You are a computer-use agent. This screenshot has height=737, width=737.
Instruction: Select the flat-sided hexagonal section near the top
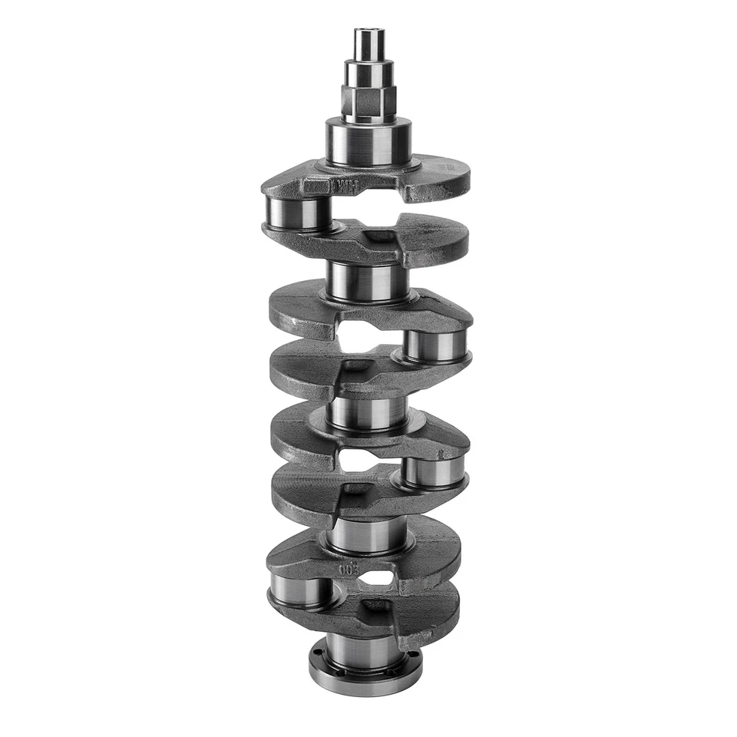(x=368, y=101)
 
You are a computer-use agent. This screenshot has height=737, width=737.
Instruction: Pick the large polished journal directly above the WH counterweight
(x=368, y=142)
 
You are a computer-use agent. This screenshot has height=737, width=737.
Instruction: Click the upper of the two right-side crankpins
(x=435, y=346)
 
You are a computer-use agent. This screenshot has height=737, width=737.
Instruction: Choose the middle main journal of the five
(x=368, y=411)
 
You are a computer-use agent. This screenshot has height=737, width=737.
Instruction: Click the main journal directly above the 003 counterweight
(x=366, y=534)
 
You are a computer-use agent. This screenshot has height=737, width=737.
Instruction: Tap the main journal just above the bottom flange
(x=365, y=652)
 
